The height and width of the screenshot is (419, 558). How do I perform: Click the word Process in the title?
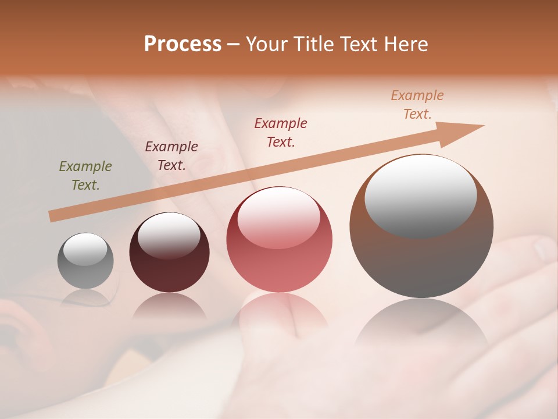[x=183, y=44]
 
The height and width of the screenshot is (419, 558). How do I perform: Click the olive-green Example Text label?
[x=85, y=176]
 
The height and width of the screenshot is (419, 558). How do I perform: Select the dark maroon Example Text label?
[x=171, y=156]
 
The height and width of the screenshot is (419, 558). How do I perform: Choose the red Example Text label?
[x=281, y=132]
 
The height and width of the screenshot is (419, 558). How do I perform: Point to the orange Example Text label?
[x=417, y=105]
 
